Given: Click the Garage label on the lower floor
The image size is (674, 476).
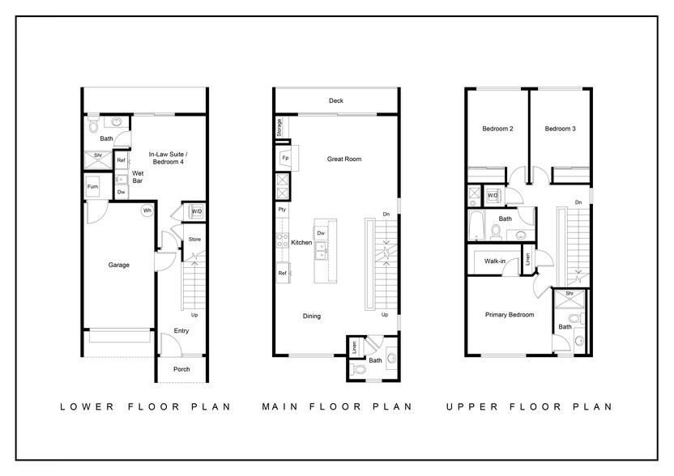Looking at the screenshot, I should (119, 265).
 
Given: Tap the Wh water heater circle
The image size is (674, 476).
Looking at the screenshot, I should (147, 210).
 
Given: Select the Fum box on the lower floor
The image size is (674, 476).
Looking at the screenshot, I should (92, 188).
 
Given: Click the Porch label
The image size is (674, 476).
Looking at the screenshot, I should (181, 369).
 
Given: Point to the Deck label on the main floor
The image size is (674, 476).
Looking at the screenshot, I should (335, 101).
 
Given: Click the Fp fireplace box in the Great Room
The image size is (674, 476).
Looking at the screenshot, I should (285, 157).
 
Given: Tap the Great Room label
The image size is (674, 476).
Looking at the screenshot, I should (343, 159).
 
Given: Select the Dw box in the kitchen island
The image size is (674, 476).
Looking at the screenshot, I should (321, 233).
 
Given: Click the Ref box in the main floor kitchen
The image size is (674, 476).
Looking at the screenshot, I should (283, 274).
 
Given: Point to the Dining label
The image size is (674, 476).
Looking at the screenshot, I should (312, 316).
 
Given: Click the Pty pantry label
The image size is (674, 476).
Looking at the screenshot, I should (282, 210).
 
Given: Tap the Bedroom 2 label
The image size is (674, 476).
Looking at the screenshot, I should (497, 129).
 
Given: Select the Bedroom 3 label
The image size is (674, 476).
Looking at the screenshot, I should (559, 129).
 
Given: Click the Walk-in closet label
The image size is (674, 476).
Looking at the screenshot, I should (496, 261).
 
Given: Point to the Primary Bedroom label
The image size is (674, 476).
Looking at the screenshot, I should (509, 315).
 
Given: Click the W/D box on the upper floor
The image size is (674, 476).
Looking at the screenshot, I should (493, 195).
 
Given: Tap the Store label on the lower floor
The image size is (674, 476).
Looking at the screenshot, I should (194, 239).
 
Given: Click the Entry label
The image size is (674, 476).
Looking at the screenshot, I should (182, 330).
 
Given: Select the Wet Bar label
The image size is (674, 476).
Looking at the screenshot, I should (138, 177).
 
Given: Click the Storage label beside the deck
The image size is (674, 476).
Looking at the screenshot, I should (279, 126).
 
